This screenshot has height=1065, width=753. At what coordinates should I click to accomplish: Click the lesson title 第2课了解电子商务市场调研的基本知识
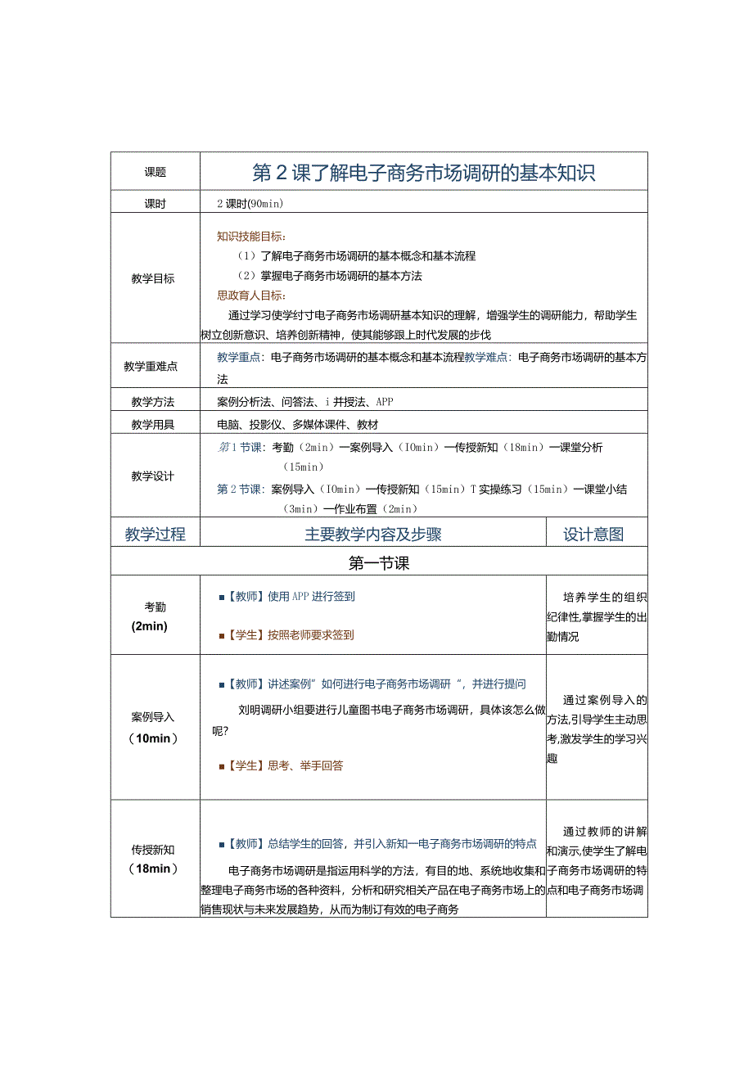423,173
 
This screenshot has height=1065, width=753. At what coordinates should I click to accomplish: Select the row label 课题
155,173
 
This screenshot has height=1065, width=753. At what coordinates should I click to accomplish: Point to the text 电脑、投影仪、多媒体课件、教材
297,425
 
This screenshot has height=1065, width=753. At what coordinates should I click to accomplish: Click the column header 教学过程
155,535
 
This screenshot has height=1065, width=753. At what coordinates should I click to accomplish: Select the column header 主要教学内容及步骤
373,535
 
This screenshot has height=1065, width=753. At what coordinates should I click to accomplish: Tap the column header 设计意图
593,535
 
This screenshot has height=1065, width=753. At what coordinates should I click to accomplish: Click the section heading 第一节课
378,563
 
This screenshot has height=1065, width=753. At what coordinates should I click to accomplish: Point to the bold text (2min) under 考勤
149,626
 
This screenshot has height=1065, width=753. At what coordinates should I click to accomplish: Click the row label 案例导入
153,717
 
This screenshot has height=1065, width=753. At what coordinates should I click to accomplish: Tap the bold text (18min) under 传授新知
153,869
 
